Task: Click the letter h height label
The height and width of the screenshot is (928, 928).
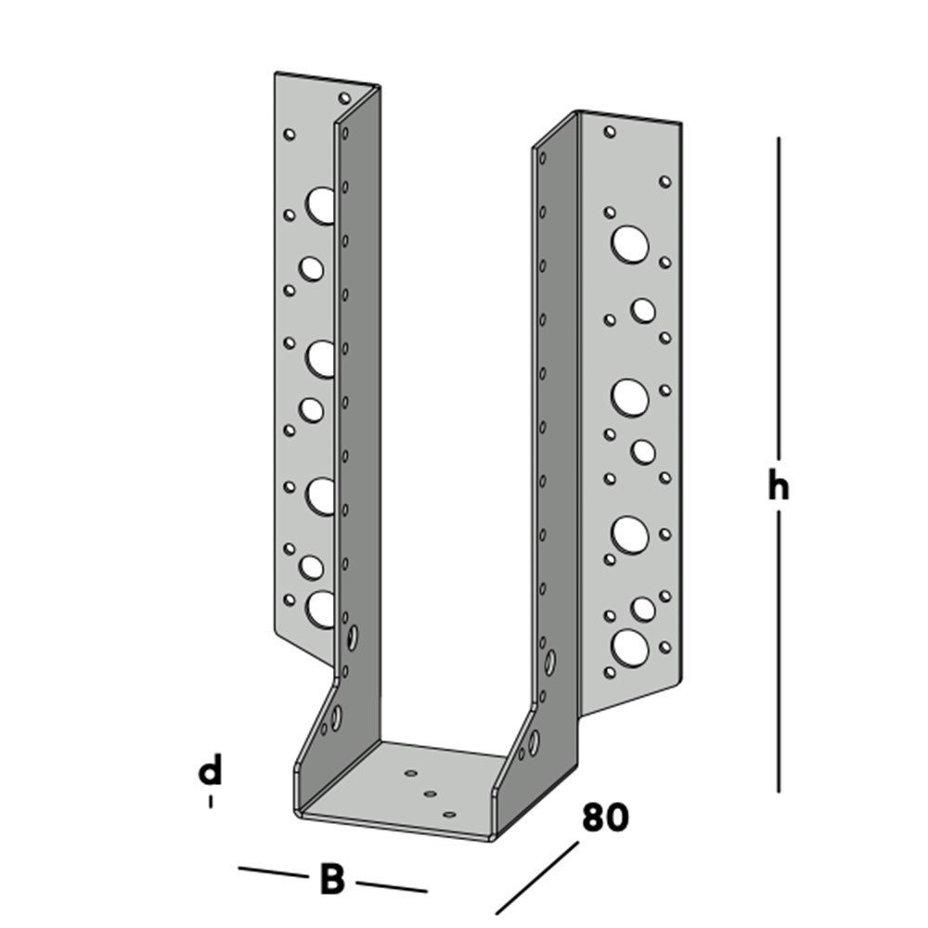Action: pos(779,484)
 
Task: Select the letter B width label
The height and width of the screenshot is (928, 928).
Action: pos(332,879)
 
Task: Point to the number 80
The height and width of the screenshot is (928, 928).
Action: pos(605,818)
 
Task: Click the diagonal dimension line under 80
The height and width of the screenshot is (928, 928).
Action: pos(536,878)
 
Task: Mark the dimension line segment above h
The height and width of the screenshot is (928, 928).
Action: pos(779,297)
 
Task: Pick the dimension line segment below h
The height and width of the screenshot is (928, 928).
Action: pos(779,651)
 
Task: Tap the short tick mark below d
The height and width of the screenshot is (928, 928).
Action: pos(211,802)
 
